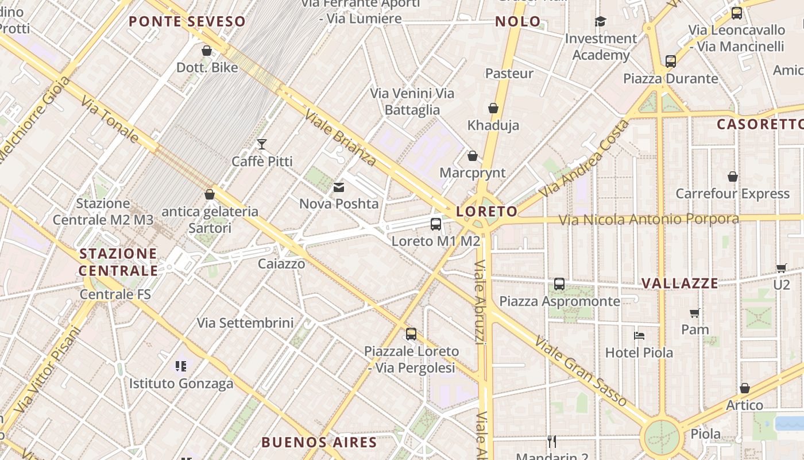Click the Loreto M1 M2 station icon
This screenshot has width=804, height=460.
(x=436, y=224)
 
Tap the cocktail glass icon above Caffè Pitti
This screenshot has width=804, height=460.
(x=262, y=144)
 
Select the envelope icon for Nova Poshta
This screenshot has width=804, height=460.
(x=339, y=187)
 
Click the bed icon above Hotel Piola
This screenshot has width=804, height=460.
(x=639, y=335)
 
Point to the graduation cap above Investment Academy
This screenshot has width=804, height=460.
(x=600, y=22)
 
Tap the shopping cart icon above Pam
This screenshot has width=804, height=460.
(x=695, y=313)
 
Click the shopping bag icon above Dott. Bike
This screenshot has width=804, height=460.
(x=207, y=51)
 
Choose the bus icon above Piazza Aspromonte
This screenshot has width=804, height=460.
(x=559, y=284)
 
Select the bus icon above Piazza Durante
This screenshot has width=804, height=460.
(x=670, y=62)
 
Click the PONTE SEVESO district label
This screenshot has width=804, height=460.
(x=187, y=22)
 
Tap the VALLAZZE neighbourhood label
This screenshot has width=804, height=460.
(x=680, y=283)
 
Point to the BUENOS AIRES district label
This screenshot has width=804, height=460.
(x=319, y=442)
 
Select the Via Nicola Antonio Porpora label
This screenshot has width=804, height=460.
(x=649, y=219)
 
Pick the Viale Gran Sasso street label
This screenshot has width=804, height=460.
(x=580, y=371)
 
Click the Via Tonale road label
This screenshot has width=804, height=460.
(x=110, y=120)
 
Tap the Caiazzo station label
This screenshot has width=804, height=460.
(x=281, y=264)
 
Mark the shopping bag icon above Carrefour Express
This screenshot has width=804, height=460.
(x=733, y=177)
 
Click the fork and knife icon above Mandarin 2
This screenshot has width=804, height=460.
(x=552, y=442)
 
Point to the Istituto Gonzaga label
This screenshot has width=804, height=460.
(x=181, y=384)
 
